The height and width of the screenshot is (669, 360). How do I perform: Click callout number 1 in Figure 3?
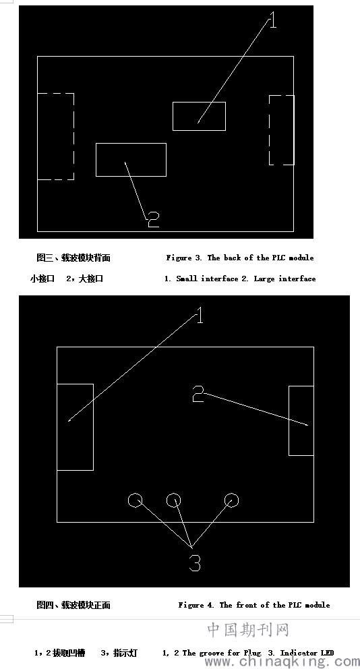pyautogui.click(x=273, y=20)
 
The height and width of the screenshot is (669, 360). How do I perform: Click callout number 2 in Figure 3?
pyautogui.click(x=153, y=220)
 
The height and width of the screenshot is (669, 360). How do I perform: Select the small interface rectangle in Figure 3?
pyautogui.click(x=173, y=116)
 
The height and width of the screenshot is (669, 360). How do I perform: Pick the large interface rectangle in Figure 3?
pyautogui.click(x=96, y=160)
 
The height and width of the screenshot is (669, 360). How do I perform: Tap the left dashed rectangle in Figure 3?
pyautogui.click(x=73, y=136)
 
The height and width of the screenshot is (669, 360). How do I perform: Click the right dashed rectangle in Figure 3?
pyautogui.click(x=269, y=129)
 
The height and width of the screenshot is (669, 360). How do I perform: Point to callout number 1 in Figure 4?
pyautogui.click(x=199, y=316)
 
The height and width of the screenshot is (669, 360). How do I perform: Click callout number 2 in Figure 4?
pyautogui.click(x=198, y=394)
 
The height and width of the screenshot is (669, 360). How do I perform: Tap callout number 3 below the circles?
pyautogui.click(x=195, y=563)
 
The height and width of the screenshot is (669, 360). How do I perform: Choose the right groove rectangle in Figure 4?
pyautogui.click(x=289, y=421)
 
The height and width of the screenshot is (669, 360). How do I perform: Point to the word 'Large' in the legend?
pyautogui.click(x=264, y=279)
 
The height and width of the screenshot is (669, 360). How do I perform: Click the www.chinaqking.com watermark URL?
pyautogui.click(x=282, y=662)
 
